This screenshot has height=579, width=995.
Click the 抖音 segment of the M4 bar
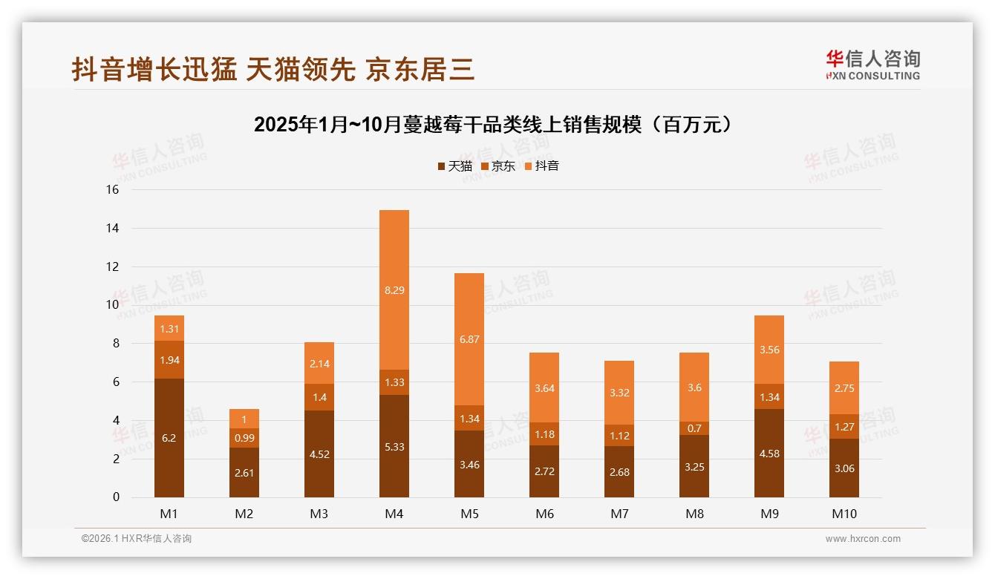[394, 289]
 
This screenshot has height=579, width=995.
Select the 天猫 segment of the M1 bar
[169, 438]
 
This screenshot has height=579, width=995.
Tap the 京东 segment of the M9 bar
[769, 396]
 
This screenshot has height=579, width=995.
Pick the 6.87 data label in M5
[469, 339]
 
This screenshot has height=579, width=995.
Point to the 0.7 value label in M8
[694, 428]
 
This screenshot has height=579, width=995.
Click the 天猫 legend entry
[454, 166]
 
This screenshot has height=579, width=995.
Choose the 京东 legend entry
[498, 166]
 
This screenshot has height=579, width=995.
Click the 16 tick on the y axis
[112, 190]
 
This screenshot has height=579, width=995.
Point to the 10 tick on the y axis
[112, 305]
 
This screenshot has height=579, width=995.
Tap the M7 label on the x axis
[619, 514]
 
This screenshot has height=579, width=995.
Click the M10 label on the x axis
[844, 514]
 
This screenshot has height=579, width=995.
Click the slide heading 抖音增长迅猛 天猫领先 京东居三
[273, 70]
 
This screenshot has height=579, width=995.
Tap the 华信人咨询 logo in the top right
[872, 65]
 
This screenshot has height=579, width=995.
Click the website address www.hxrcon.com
[863, 539]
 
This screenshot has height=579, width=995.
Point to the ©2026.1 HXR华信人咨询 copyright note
[137, 539]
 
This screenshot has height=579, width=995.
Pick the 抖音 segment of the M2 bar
[244, 419]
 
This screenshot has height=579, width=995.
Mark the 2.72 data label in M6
[544, 471]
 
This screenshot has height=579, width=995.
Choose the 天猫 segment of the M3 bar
[319, 454]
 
